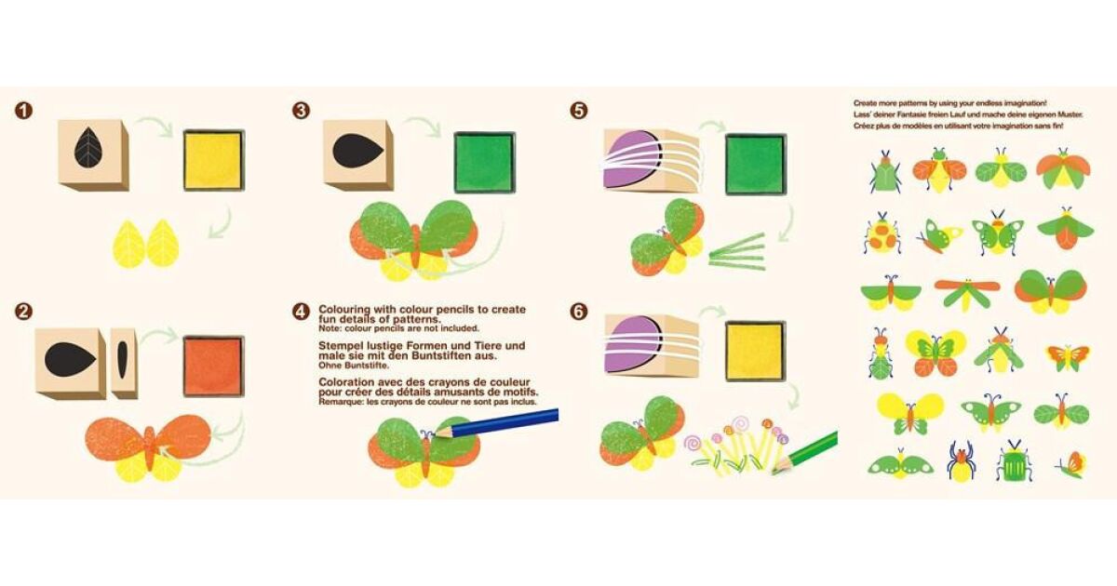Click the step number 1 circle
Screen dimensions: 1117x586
[23, 111]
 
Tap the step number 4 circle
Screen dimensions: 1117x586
[301, 312]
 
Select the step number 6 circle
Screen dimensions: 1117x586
[578, 312]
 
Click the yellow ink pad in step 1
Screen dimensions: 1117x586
[214, 160]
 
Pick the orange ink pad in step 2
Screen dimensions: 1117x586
[213, 366]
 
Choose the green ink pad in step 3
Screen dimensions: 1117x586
[485, 162]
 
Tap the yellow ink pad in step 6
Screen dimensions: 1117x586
[756, 353]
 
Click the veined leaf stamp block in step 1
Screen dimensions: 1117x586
[93, 155]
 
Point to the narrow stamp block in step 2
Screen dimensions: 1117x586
[124, 364]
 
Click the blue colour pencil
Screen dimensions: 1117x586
[495, 423]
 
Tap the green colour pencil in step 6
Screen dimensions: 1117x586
[804, 453]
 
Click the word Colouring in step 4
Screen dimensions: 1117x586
[343, 310]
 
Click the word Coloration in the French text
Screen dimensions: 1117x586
[344, 382]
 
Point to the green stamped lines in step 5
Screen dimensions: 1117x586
[736, 252]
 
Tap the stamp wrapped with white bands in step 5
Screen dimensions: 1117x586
[651, 160]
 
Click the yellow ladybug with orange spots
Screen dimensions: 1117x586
[881, 233]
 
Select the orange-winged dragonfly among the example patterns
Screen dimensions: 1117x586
[967, 293]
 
